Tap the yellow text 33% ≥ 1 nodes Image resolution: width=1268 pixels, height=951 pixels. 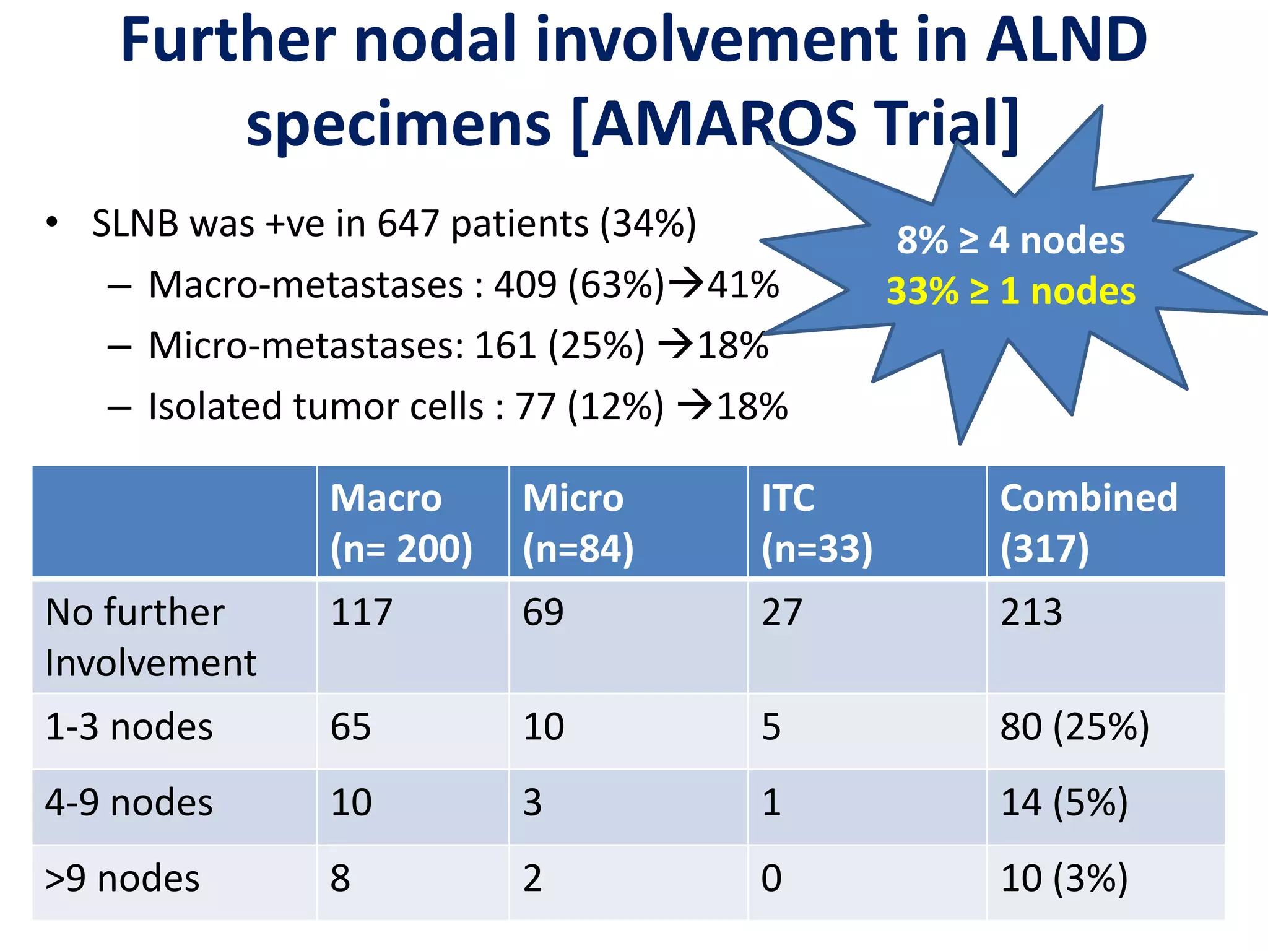pyautogui.click(x=1010, y=291)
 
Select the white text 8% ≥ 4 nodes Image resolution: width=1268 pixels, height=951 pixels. pyautogui.click(x=1010, y=240)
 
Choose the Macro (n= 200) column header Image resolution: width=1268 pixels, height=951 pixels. pyautogui.click(x=401, y=523)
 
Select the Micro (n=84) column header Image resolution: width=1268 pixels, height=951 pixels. pyautogui.click(x=578, y=523)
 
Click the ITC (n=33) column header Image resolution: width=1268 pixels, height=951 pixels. pyautogui.click(x=816, y=523)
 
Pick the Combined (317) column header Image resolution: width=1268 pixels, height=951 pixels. pyautogui.click(x=1088, y=523)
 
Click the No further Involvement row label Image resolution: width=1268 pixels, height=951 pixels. pyautogui.click(x=150, y=638)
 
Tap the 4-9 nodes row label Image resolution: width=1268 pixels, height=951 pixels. pyautogui.click(x=129, y=803)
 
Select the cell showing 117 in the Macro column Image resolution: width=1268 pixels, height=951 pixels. pyautogui.click(x=362, y=613)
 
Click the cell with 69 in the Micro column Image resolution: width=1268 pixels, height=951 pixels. pyautogui.click(x=543, y=613)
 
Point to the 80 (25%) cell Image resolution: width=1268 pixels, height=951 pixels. pyautogui.click(x=1074, y=727)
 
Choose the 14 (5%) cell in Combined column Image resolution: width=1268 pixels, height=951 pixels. pyautogui.click(x=1064, y=803)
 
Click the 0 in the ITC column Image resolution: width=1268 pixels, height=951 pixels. pyautogui.click(x=771, y=879)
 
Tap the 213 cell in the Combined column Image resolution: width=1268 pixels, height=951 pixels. pyautogui.click(x=1031, y=613)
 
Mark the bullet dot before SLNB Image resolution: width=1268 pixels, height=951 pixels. pyautogui.click(x=52, y=222)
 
